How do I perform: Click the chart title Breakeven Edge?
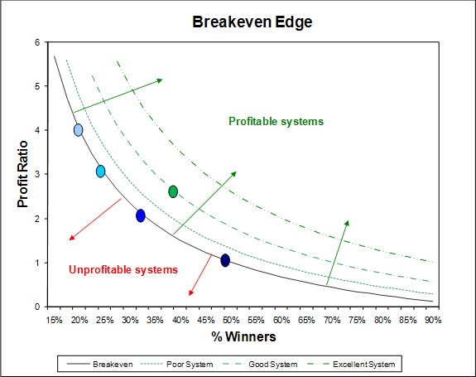click(252, 22)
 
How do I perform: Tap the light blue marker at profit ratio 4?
click(79, 130)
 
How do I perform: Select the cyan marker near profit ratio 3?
click(101, 172)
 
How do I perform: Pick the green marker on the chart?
click(173, 191)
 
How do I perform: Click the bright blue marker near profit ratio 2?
click(141, 215)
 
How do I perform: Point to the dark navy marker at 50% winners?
click(225, 260)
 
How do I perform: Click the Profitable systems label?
click(276, 122)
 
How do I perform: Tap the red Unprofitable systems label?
click(123, 270)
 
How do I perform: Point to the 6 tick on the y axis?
click(37, 42)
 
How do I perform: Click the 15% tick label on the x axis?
click(54, 320)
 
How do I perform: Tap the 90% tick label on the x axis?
click(433, 320)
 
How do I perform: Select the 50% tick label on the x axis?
click(231, 320)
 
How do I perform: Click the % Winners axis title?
click(243, 336)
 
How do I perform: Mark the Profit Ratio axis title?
click(23, 174)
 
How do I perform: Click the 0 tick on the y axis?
click(37, 307)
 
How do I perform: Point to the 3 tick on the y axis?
click(37, 174)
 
